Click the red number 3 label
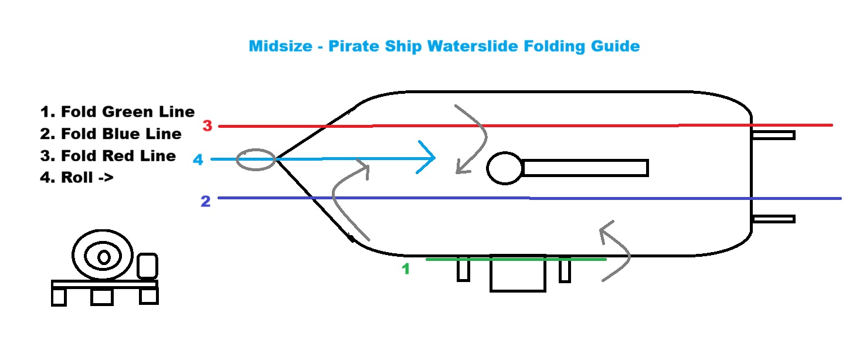point(207,125)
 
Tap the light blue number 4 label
point(198,159)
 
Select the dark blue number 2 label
point(205,202)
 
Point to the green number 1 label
point(405,269)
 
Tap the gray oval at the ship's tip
point(256,159)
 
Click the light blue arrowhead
point(427,158)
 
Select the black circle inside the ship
point(505,168)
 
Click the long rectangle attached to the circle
point(585,168)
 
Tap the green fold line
point(516,259)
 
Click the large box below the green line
point(518,274)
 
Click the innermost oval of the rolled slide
point(104,257)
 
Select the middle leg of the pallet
point(102,297)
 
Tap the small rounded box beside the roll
point(147,266)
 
